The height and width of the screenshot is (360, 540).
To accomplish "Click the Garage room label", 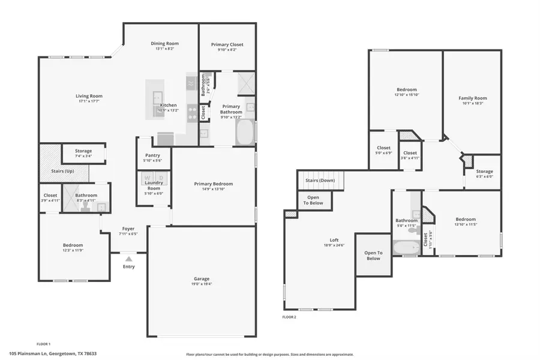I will [x=202, y=278].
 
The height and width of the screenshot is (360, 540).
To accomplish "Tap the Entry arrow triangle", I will [x=128, y=259].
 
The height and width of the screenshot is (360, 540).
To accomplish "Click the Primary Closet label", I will [x=227, y=44].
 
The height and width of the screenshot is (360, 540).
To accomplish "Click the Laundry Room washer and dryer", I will [x=154, y=178].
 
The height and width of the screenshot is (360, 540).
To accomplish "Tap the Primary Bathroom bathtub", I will [x=245, y=133].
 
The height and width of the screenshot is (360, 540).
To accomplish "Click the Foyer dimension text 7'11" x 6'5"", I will [x=128, y=234].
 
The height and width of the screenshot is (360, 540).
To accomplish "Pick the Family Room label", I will [x=473, y=98].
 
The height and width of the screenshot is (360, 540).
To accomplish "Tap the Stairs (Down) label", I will [x=320, y=180].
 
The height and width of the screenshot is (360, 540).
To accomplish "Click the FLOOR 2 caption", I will [x=289, y=316].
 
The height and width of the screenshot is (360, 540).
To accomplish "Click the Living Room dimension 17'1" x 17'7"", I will [x=89, y=101].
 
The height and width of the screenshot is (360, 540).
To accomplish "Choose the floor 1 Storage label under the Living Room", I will [x=83, y=151].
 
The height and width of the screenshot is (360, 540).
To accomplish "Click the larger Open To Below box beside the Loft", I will [x=373, y=255].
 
